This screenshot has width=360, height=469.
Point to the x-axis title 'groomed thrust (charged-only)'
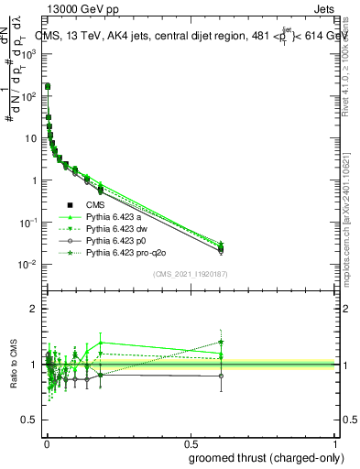[267, 458]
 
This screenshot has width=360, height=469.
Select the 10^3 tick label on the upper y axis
[28, 53]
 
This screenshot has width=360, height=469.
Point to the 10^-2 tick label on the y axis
[28, 265]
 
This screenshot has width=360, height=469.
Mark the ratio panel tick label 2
[35, 309]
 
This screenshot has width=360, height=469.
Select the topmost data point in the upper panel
[47, 87]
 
